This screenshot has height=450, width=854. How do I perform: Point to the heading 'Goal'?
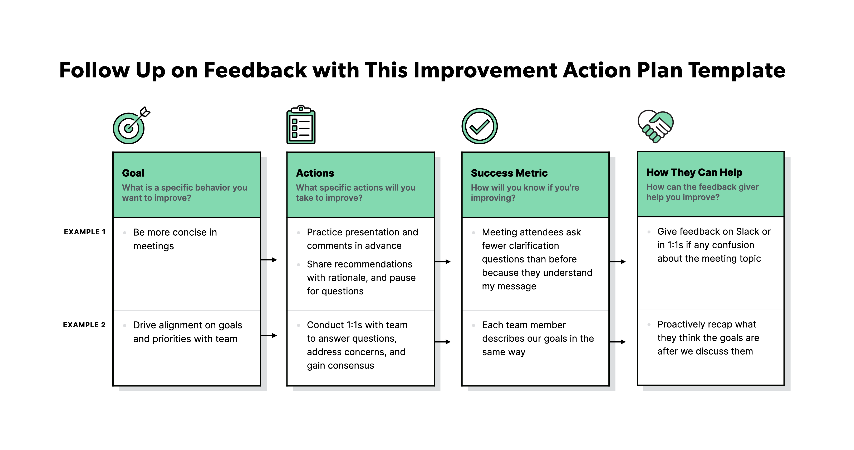(133, 173)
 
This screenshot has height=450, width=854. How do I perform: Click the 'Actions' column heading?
(315, 173)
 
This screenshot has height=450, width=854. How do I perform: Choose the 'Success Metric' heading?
(509, 173)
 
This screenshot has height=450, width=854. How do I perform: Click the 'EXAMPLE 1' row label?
(84, 232)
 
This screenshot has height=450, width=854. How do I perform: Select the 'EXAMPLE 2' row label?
(84, 325)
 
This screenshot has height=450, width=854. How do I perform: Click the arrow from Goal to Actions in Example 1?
(269, 260)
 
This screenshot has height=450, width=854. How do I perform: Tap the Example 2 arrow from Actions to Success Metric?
(443, 342)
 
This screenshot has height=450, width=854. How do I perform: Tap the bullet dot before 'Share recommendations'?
(298, 264)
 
